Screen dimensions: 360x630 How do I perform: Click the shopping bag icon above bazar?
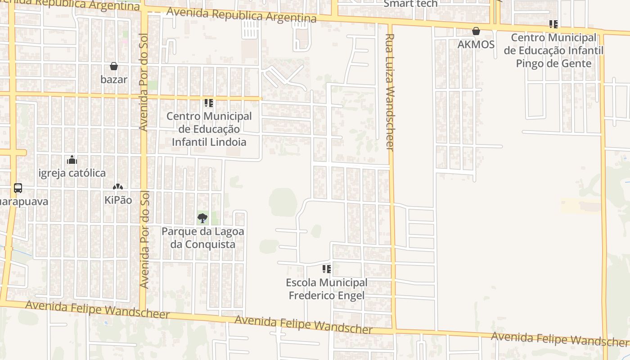pyautogui.click(x=114, y=66)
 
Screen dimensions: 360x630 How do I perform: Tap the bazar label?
pyautogui.click(x=114, y=80)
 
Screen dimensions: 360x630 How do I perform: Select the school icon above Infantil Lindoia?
pyautogui.click(x=209, y=103)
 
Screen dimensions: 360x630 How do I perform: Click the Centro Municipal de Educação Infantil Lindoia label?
pyautogui.click(x=209, y=129)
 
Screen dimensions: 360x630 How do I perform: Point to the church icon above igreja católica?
pyautogui.click(x=72, y=160)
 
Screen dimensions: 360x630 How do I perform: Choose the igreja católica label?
pyautogui.click(x=72, y=173)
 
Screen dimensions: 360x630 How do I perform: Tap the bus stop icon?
pyautogui.click(x=18, y=188)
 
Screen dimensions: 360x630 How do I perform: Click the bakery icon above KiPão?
pyautogui.click(x=118, y=187)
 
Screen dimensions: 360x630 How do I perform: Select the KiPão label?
pyautogui.click(x=118, y=200)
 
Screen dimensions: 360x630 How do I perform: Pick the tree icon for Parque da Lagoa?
pyautogui.click(x=202, y=218)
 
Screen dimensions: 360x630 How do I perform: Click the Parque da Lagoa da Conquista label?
pyautogui.click(x=202, y=238)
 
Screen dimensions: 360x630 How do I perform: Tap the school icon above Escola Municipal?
pyautogui.click(x=327, y=269)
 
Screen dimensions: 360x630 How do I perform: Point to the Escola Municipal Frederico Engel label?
pyautogui.click(x=327, y=289)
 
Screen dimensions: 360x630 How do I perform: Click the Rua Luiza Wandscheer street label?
pyautogui.click(x=390, y=92)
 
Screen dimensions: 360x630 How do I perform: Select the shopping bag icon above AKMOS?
pyautogui.click(x=476, y=31)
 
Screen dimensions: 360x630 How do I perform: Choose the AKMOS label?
pyautogui.click(x=476, y=45)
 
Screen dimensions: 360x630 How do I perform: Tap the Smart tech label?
pyautogui.click(x=410, y=4)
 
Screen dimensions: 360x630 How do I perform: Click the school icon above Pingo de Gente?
pyautogui.click(x=553, y=24)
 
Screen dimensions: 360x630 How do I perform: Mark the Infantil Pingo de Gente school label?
pyautogui.click(x=553, y=50)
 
